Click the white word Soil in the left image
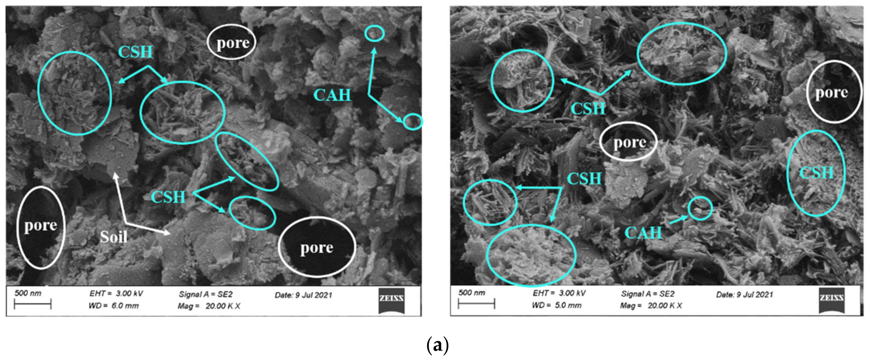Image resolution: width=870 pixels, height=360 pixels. coord(114,237)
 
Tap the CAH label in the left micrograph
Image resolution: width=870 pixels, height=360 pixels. coord(332,95)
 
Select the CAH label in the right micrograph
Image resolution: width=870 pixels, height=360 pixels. coord(643,233)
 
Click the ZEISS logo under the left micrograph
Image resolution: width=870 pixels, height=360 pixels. coord(391,300)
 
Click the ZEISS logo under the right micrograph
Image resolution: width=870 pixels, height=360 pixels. coord(831,300)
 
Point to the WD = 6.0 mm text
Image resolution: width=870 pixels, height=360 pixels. coord(113,306)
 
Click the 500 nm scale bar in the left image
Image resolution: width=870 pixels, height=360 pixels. coord(33,304)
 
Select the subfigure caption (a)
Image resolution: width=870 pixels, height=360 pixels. coord(437,346)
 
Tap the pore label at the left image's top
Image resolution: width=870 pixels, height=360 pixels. coord(233,43)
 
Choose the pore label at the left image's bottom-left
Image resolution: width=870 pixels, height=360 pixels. coord(40,225)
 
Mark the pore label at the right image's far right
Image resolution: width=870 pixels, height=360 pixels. coord(831,92)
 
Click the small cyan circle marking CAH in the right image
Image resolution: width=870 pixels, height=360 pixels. coord(700,208)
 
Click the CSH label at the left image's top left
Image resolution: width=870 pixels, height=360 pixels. coord(135,52)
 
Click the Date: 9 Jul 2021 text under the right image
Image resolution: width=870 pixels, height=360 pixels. coord(744,294)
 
